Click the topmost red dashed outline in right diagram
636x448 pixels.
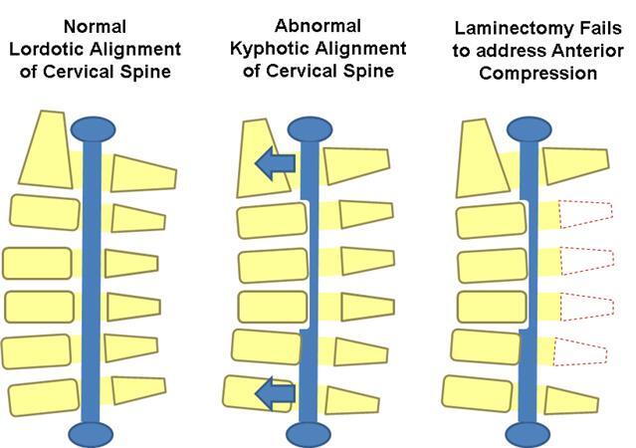[x=585, y=216]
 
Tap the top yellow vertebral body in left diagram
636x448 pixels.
[x=43, y=149]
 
